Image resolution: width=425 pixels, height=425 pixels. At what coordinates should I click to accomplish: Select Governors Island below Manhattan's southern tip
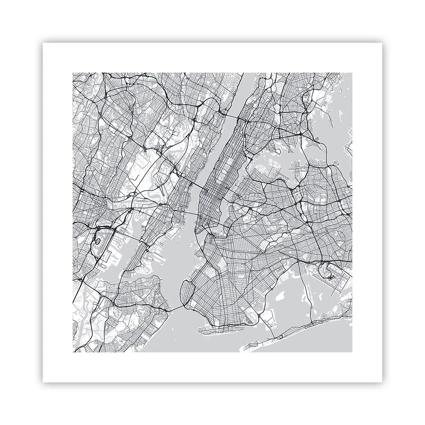(x=195, y=244)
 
